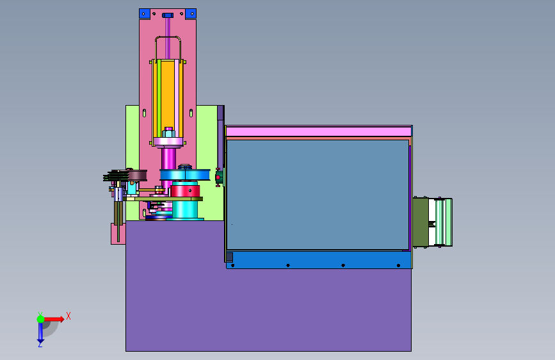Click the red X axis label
68,316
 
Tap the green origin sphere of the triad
41,319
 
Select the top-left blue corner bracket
145,14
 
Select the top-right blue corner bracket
191,14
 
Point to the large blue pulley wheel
185,175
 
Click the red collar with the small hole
186,191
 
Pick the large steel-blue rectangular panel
318,195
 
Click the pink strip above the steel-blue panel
319,132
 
